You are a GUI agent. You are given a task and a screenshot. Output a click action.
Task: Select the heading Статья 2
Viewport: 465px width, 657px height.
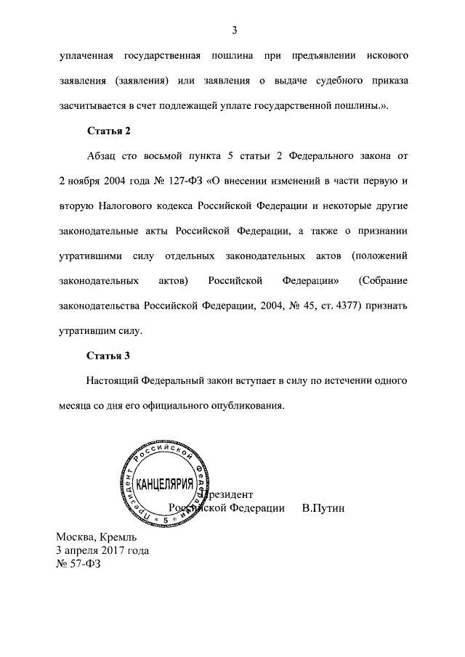pos(108,131)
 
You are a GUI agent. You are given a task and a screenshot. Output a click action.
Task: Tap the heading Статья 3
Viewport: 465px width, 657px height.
pos(108,356)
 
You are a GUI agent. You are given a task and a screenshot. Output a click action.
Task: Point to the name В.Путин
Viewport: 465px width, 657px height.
pos(323,507)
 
